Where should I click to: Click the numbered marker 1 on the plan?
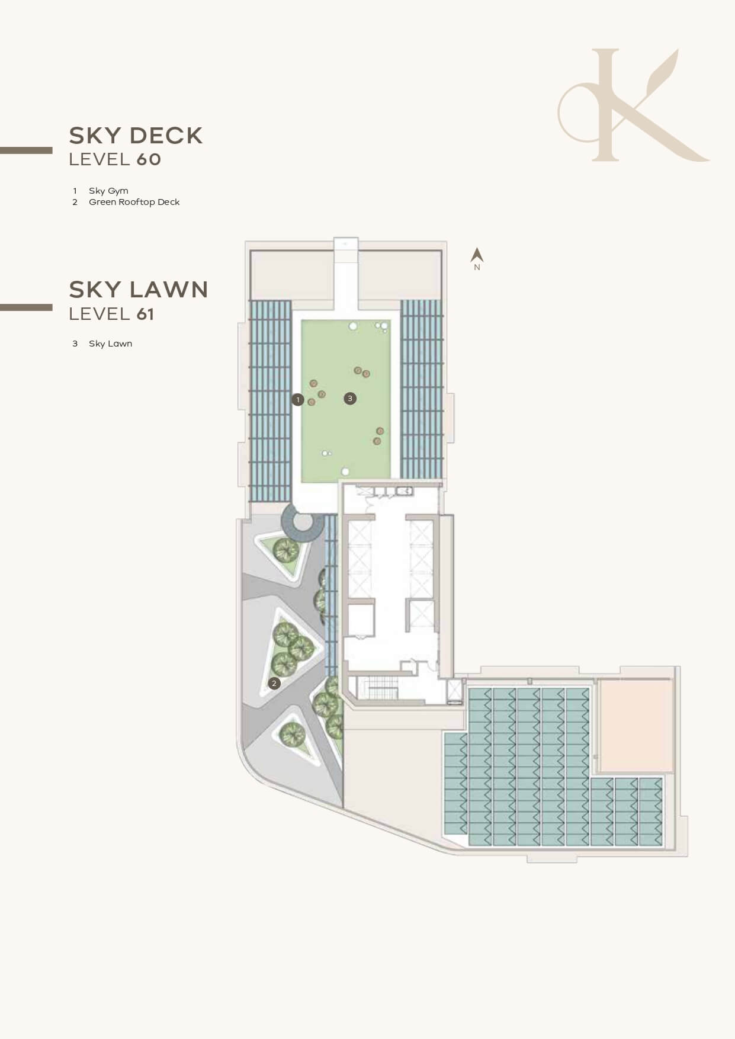click(297, 400)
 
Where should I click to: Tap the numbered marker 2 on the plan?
click(274, 683)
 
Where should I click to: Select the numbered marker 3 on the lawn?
click(350, 399)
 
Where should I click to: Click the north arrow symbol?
click(477, 255)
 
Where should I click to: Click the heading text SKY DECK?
click(136, 136)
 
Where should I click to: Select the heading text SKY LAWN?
click(139, 290)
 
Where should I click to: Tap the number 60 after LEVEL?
click(149, 159)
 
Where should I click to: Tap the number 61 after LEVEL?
click(146, 314)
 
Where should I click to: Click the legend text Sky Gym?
click(108, 191)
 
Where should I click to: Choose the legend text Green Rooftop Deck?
click(134, 202)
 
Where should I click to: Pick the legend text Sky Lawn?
click(111, 344)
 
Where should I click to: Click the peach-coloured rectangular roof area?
click(636, 726)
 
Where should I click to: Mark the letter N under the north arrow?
click(477, 267)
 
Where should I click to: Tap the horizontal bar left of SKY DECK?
click(26, 150)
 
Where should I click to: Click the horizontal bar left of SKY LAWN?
click(26, 307)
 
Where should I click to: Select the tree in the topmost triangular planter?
click(286, 551)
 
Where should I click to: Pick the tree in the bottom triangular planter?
click(293, 735)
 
